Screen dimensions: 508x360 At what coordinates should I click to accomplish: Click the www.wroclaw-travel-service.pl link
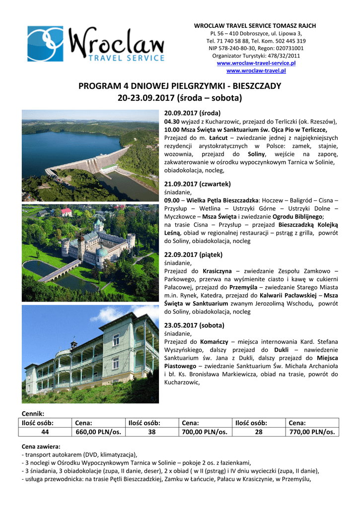coord(256,63)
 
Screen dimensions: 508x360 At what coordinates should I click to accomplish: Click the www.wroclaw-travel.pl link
coord(256,70)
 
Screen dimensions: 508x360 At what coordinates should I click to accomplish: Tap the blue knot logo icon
coord(46,44)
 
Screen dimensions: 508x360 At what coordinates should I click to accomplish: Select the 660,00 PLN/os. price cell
coord(98,432)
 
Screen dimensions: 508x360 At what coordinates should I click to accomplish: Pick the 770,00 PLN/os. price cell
coord(312,432)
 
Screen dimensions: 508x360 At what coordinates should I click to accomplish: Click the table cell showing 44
coord(45,432)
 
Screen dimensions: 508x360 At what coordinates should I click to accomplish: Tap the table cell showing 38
coord(151,432)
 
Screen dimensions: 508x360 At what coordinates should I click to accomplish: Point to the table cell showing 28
coord(259,432)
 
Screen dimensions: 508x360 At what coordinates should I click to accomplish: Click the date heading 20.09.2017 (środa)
coord(192,113)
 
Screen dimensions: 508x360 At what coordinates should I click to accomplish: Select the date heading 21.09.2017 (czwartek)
coord(197,184)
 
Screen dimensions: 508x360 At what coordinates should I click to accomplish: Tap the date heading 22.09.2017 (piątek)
coord(193,254)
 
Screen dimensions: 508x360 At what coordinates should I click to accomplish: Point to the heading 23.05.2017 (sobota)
coord(194,325)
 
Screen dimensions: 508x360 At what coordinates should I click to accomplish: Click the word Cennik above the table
coord(33,413)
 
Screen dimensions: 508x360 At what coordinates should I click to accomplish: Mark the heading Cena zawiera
coord(41,446)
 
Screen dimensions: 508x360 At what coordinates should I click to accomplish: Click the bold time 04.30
coord(172,122)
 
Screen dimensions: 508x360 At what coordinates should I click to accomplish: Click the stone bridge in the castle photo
coord(60,271)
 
